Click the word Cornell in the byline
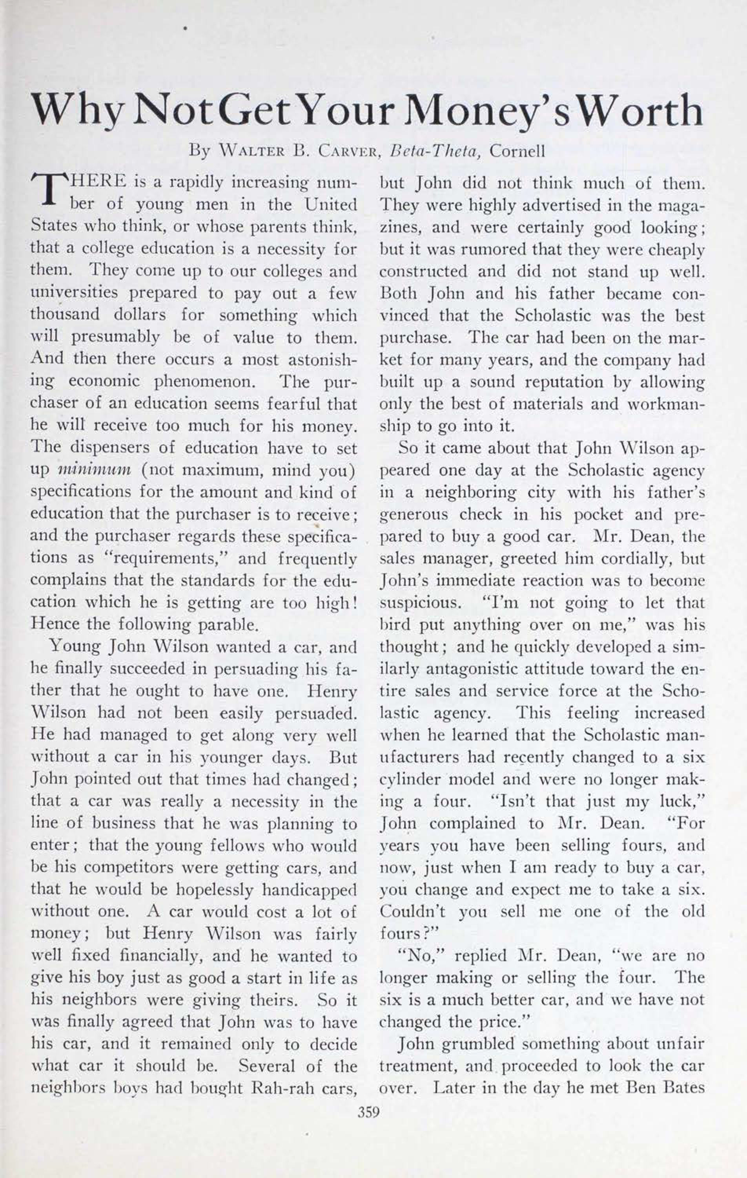(517, 151)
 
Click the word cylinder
(407, 779)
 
